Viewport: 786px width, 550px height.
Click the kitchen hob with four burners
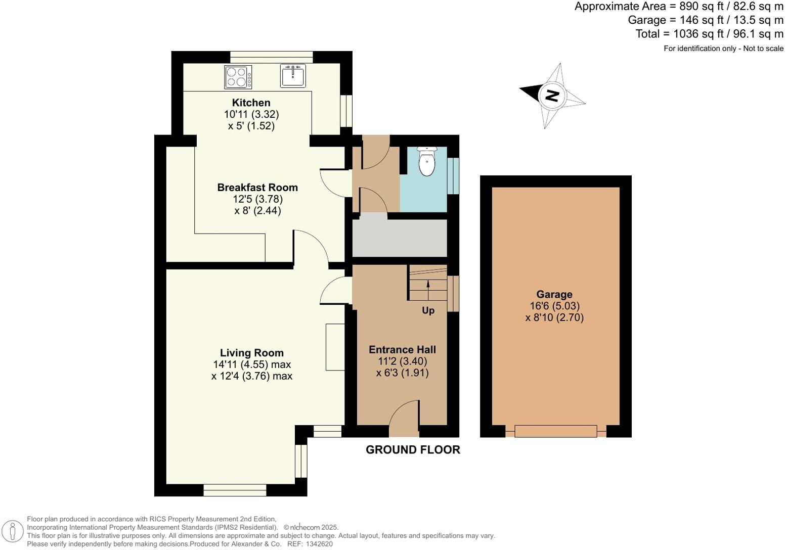[238, 77]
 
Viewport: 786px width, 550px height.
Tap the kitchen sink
[293, 76]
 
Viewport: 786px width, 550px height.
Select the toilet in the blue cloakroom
[427, 161]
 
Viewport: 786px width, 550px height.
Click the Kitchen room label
[251, 103]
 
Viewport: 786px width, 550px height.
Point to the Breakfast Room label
[257, 188]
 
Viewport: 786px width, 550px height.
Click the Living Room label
[251, 353]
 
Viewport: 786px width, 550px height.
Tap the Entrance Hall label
[402, 349]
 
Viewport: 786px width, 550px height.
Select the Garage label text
[554, 294]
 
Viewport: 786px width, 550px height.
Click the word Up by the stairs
[428, 310]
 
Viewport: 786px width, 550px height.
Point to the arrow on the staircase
[428, 284]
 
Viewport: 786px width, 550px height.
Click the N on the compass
[552, 95]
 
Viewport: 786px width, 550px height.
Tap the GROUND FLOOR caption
[413, 450]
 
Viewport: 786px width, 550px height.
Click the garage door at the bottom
[555, 431]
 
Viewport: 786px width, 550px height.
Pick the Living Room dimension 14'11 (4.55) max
[251, 364]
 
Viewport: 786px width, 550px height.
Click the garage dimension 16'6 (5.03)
[554, 306]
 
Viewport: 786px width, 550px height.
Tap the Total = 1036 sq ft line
[709, 34]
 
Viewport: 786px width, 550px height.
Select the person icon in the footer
[13, 532]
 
